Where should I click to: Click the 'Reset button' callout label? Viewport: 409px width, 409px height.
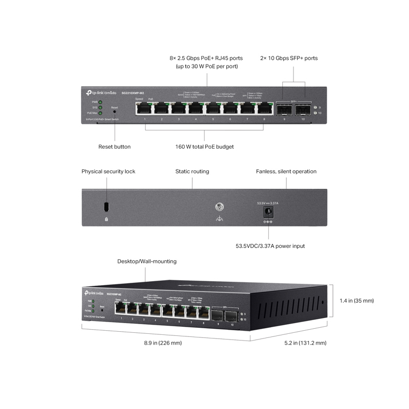coord(115,147)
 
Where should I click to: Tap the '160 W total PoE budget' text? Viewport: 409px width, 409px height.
coord(204,147)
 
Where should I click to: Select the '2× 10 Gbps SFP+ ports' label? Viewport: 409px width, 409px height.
coord(289,58)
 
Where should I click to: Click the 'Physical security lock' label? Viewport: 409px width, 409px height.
coord(108,171)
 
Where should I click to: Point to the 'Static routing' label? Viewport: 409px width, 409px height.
coord(192,171)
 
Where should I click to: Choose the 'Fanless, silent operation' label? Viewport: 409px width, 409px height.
coord(286,171)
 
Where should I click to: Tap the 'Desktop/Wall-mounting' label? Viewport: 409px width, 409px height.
coord(147,261)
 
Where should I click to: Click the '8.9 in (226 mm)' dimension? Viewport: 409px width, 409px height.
coord(163,343)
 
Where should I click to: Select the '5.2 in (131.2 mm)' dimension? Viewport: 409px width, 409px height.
coord(305,343)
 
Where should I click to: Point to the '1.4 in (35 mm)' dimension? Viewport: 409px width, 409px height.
coord(357,301)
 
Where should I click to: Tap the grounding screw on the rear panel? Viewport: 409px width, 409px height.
coord(220,208)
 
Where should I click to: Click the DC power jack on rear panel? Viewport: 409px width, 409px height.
coord(266,211)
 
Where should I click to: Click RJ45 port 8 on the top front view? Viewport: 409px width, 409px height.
coord(264,108)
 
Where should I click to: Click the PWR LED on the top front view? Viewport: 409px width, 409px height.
coord(101,102)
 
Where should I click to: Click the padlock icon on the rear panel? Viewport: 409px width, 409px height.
coord(106,219)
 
